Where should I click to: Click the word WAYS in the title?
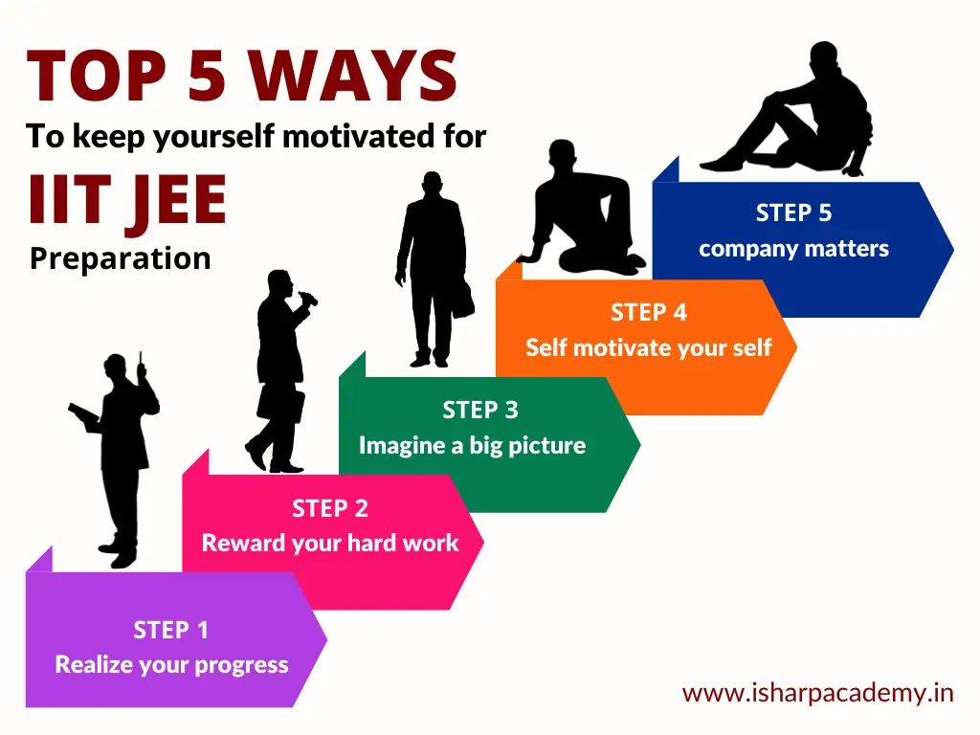(x=356, y=76)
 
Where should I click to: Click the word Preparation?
(x=120, y=258)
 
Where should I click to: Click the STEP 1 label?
(x=170, y=630)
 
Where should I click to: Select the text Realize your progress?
(x=172, y=665)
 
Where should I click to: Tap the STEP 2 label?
(x=330, y=509)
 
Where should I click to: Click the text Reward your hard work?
(x=330, y=544)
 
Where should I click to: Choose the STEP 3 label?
(x=480, y=410)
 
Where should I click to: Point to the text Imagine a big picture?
(x=473, y=446)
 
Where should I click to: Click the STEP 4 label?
(x=649, y=313)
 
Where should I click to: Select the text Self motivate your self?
(x=649, y=347)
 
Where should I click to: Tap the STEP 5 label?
(x=793, y=213)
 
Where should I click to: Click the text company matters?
(x=793, y=249)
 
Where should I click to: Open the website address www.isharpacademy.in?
(x=818, y=693)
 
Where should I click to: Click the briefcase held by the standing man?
(x=462, y=300)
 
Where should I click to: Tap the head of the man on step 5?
(x=824, y=56)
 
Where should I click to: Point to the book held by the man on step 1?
(x=83, y=412)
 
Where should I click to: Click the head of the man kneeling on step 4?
(x=562, y=154)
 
